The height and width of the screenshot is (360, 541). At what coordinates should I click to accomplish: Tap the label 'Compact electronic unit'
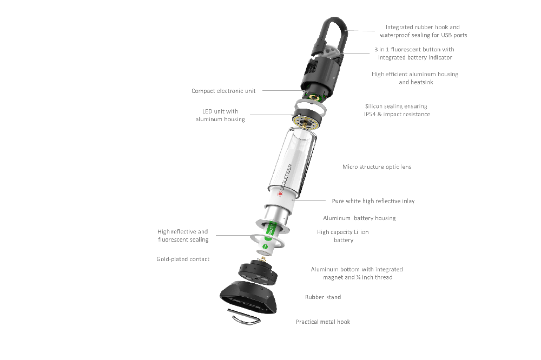tap(223, 91)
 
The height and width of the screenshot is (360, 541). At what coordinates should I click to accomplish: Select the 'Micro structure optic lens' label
tap(377, 167)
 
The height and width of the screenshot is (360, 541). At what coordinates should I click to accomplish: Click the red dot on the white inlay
tap(280, 194)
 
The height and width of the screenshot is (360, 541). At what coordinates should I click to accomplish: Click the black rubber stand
tap(248, 297)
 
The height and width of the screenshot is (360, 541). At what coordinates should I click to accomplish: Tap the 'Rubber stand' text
tap(323, 297)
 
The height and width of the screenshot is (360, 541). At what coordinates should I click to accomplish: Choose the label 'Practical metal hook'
tap(323, 322)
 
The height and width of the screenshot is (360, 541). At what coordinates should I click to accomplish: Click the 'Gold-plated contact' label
tap(183, 259)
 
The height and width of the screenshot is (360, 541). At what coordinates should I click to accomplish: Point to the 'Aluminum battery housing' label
tap(360, 218)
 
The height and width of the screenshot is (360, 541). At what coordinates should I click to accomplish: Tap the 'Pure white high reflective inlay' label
tap(373, 201)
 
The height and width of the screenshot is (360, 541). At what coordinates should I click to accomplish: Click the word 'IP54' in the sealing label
tap(370, 115)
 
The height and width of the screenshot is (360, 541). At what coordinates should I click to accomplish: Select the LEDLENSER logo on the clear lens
tap(286, 177)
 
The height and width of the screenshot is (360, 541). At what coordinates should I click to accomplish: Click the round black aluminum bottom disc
tap(258, 274)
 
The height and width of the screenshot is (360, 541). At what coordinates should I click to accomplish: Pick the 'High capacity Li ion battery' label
tap(343, 236)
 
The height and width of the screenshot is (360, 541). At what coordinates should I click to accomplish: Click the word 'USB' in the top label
tap(446, 35)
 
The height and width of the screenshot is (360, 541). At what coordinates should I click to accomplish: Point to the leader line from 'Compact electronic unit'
tap(282, 91)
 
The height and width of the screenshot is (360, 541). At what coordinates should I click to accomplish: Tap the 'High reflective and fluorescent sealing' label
tap(183, 236)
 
